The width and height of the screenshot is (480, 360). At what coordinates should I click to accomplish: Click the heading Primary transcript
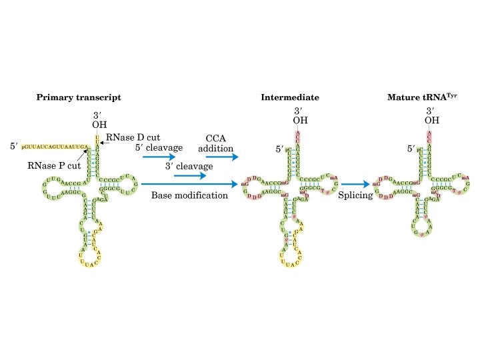coord(78,97)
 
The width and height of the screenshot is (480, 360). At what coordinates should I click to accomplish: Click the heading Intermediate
coord(289,97)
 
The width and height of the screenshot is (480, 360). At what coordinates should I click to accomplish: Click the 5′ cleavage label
coord(159,148)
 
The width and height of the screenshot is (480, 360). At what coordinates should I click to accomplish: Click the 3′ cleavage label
coord(189,166)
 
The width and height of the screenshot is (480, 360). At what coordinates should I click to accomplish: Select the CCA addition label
coord(215,143)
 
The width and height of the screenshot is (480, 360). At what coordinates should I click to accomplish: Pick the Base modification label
coord(189,196)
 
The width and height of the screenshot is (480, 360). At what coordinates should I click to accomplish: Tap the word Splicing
coord(355,196)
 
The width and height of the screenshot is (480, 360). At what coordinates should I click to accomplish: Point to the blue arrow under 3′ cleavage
coord(190,176)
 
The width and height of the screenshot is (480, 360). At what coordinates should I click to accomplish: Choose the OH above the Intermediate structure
coord(300,121)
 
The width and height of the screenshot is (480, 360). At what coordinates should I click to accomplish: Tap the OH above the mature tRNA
coord(431,121)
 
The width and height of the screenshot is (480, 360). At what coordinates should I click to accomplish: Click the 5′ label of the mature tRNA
coord(412,150)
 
